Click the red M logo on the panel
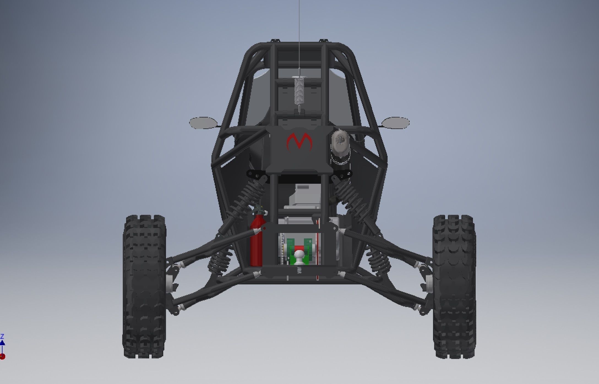299,142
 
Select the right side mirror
396,123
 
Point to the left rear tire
144,286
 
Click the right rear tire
454,286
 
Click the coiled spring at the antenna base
299,91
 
